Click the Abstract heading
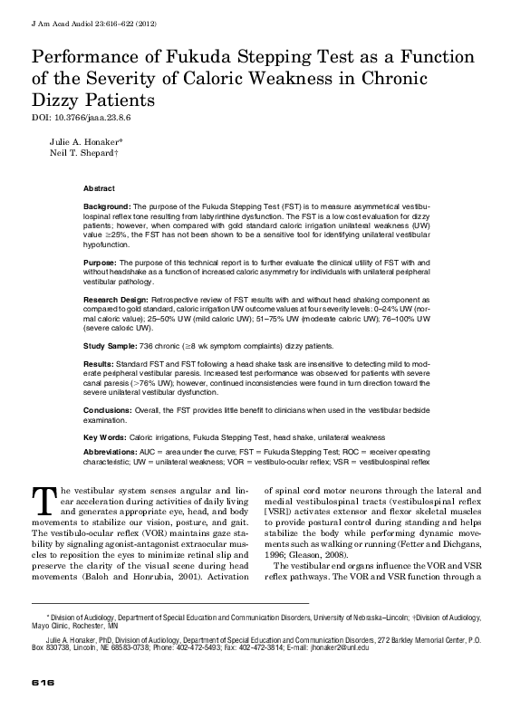pos(99,188)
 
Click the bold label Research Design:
pos(117,297)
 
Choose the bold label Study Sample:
pos(111,346)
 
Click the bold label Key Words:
pos(104,436)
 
